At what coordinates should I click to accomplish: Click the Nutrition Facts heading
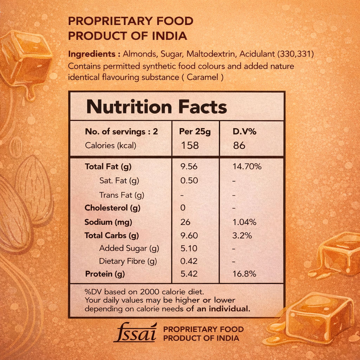coord(156,107)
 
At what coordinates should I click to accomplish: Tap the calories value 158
coord(190,145)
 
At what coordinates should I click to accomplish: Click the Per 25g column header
coord(195,132)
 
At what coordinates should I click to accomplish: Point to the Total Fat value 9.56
coord(189,166)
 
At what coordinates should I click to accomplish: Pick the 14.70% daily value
coord(247,166)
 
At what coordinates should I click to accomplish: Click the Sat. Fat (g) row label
coord(119,181)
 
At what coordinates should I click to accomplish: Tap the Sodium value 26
coord(185,222)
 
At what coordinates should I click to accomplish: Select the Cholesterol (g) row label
coord(112,208)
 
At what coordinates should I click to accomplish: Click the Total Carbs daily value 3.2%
coord(242,236)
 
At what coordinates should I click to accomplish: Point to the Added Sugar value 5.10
coord(189,248)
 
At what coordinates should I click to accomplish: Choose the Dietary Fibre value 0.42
coord(189,261)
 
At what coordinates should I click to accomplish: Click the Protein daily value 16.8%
coord(244,274)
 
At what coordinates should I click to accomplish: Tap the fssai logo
coord(135,333)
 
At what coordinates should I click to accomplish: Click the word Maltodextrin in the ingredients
coord(211,54)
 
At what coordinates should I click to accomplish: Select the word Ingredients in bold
coord(92,54)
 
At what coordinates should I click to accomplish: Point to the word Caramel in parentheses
coord(202,77)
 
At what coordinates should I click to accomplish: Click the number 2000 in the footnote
coord(149,292)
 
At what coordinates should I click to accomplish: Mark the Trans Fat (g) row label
coord(122,195)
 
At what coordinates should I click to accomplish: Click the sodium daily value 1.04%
coord(244,222)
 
